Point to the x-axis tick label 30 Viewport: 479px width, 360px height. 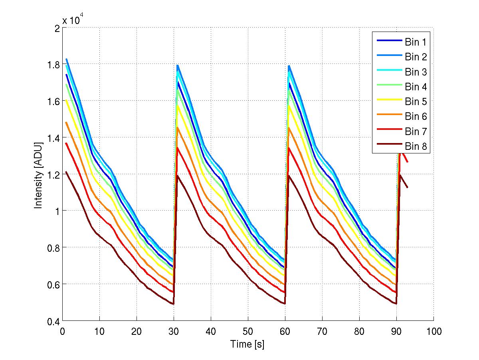click(x=174, y=331)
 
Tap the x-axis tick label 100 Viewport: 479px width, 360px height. click(x=433, y=331)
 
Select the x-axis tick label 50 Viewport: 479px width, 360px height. click(x=248, y=331)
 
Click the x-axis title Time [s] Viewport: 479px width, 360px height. click(x=247, y=344)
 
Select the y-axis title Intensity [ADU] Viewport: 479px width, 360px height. click(x=38, y=175)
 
